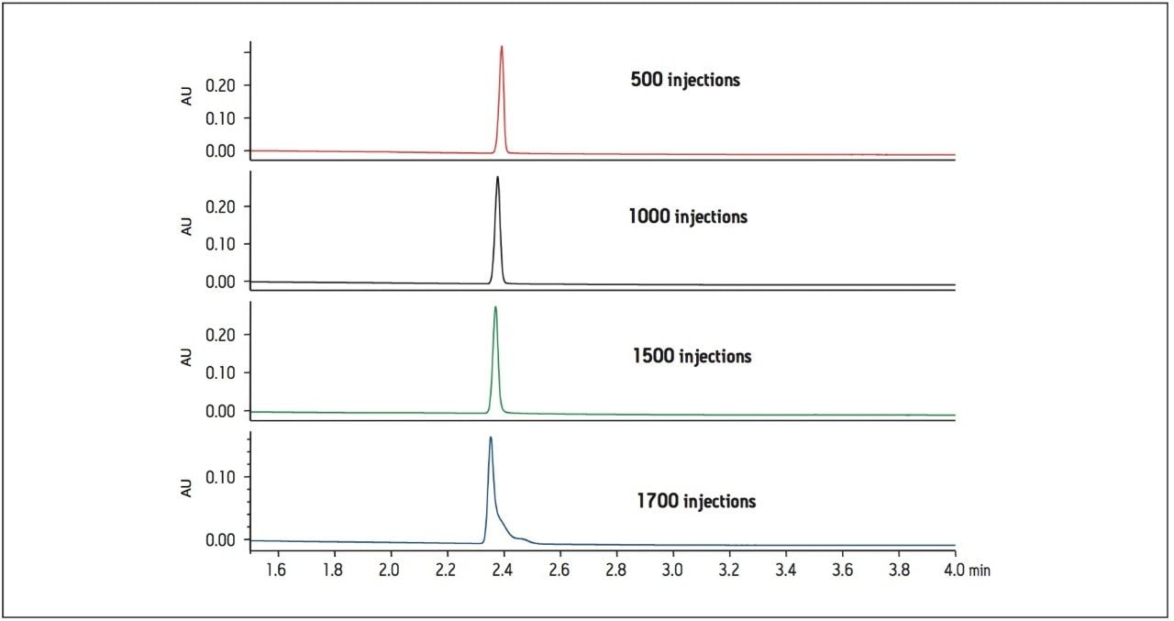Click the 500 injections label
[684, 80]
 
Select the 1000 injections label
[688, 217]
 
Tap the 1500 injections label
[692, 356]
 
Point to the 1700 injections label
[696, 502]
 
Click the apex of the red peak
[502, 47]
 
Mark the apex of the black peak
[497, 177]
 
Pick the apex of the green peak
[495, 307]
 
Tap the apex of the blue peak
[491, 438]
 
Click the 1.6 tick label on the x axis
[276, 571]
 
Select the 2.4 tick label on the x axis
[502, 571]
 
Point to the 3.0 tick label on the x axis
[672, 571]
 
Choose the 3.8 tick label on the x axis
[898, 571]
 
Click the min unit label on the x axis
[980, 571]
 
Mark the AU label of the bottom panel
[187, 488]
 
